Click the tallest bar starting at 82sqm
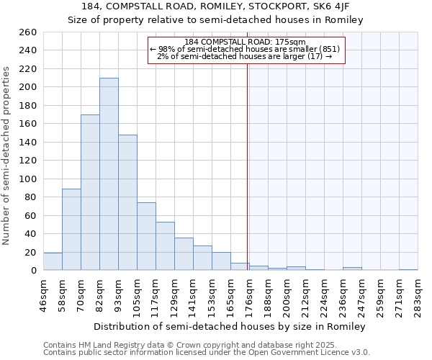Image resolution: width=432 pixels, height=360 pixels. click(x=109, y=174)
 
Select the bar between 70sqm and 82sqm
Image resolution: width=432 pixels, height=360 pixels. click(x=90, y=192)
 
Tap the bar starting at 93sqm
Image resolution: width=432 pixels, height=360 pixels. click(x=127, y=202)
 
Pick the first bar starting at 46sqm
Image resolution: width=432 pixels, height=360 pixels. click(x=53, y=262)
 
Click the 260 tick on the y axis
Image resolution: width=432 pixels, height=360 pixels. click(x=29, y=32)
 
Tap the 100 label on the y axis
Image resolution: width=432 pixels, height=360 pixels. click(x=29, y=179)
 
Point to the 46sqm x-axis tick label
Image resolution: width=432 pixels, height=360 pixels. click(x=44, y=294)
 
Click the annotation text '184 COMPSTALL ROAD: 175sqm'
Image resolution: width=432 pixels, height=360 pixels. click(x=245, y=42)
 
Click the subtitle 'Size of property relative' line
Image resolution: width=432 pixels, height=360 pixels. click(x=216, y=20)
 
